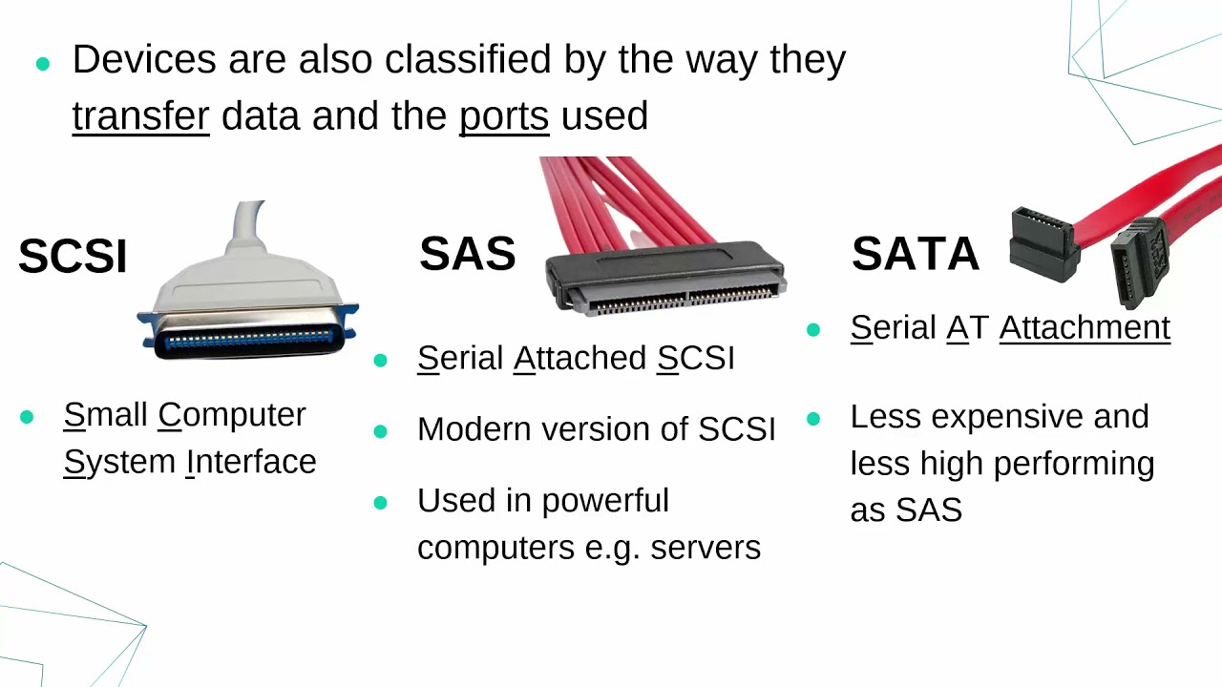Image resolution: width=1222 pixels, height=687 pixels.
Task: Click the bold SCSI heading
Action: [x=73, y=257]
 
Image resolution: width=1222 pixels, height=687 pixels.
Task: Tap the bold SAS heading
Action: [x=467, y=254]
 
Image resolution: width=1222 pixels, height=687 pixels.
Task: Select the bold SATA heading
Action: [x=915, y=254]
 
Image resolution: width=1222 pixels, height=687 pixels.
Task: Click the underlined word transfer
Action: [x=140, y=116]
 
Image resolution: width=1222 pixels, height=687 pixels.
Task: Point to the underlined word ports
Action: [x=503, y=116]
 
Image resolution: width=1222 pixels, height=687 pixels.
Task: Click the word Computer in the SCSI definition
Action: [x=232, y=415]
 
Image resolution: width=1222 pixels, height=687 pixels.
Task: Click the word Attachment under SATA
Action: [x=1085, y=327]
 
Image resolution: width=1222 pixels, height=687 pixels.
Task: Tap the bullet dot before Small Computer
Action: [x=27, y=417]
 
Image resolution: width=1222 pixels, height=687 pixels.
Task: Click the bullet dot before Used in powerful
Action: [x=381, y=502]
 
